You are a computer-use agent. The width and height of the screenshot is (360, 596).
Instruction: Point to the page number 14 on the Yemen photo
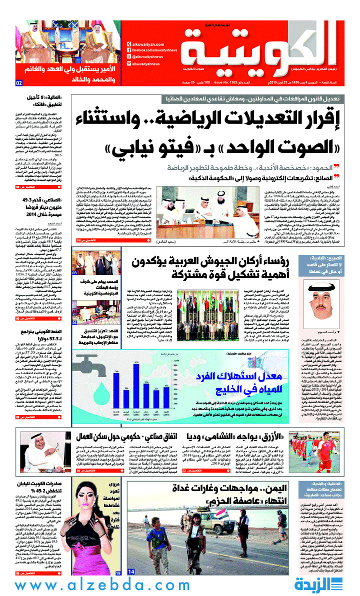point(131,572)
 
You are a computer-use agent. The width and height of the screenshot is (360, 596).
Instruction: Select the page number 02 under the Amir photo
point(19,83)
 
